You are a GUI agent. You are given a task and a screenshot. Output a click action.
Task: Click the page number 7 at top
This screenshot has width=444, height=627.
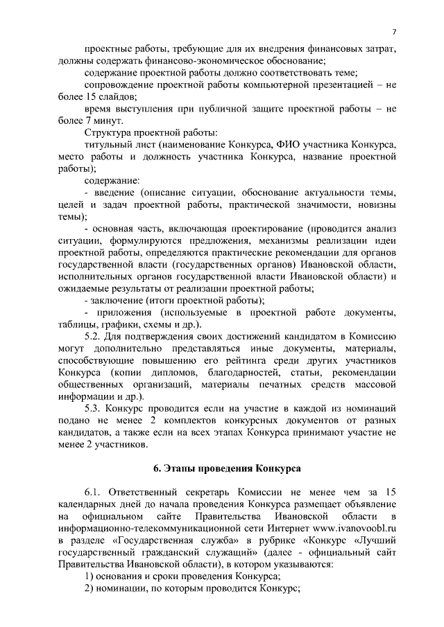click(394, 32)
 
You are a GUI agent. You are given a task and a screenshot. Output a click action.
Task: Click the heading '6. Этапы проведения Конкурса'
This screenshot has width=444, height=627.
click(221, 468)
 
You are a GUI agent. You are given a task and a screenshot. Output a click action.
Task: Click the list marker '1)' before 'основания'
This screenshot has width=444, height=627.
click(89, 576)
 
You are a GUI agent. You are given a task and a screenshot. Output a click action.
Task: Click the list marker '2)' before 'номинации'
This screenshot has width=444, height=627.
click(89, 588)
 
